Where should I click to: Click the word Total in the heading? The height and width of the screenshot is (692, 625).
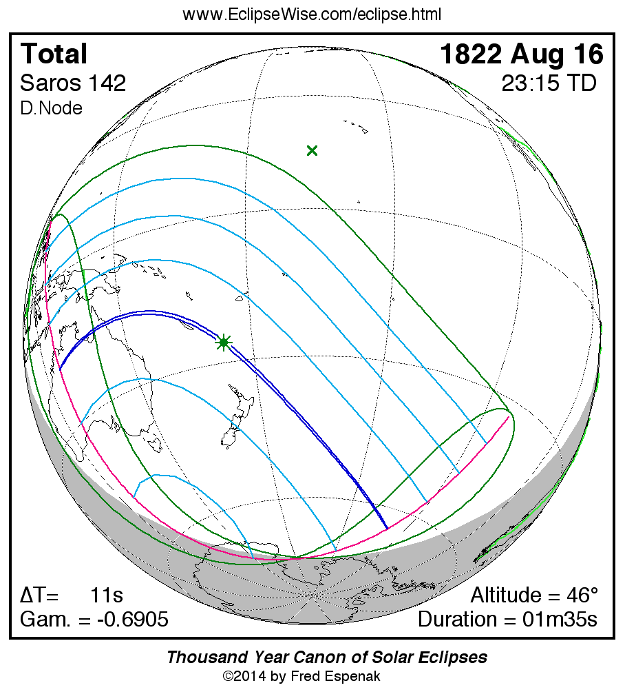[54, 54]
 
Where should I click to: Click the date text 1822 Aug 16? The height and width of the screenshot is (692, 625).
[522, 54]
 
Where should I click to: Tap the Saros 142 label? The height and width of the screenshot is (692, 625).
[73, 83]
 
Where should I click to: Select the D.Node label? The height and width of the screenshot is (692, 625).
[51, 108]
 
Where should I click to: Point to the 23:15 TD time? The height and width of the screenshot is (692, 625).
[549, 83]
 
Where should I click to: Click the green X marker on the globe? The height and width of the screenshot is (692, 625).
[312, 150]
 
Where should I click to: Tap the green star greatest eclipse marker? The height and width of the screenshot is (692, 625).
[223, 342]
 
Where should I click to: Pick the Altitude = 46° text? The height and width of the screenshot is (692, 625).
[534, 595]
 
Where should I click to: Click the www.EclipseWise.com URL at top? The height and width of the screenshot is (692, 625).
[312, 14]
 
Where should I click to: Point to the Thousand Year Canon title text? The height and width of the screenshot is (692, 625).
[327, 657]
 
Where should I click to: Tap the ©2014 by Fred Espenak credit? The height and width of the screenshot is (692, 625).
[301, 676]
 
